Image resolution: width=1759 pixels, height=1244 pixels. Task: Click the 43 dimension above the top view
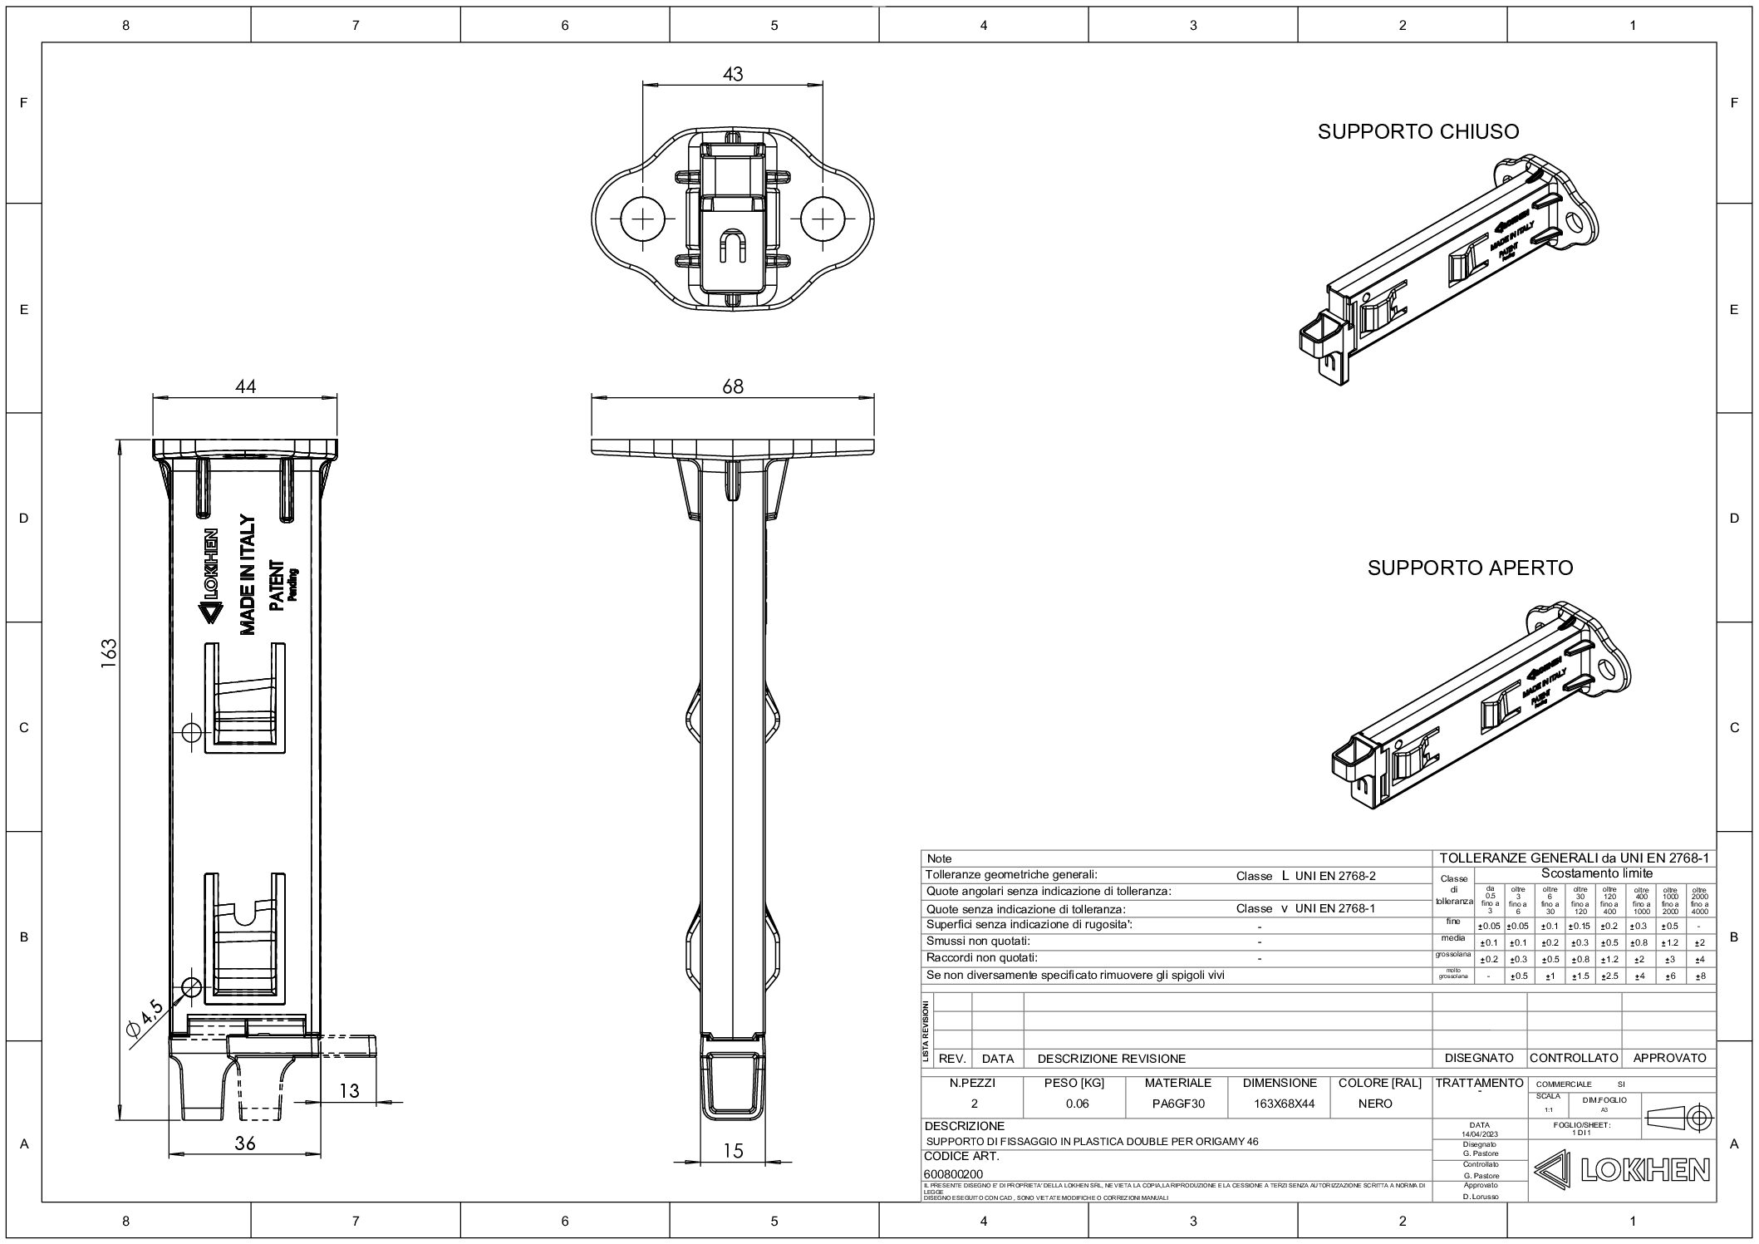732,74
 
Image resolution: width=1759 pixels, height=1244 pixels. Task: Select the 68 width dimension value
732,386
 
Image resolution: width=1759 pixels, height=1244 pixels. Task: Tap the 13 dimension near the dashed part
349,1090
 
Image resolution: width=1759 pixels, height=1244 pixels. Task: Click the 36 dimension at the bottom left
244,1143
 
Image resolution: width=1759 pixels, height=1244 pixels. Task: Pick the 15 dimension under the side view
732,1151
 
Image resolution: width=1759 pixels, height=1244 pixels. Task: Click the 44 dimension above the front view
245,386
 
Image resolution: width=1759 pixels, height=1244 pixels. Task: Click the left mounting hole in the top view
644,219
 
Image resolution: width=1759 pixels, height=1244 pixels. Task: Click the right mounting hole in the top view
823,219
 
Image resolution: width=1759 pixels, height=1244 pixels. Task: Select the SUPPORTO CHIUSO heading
1418,131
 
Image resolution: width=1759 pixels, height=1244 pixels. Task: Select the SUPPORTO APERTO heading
1470,568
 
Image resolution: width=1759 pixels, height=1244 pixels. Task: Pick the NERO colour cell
1375,1104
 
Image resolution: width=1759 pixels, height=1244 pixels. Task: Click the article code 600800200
953,1174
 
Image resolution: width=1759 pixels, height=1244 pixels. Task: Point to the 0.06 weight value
1076,1104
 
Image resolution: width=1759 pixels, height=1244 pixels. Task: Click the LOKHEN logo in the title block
1621,1171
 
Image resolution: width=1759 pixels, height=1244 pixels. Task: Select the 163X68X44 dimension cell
1279,1104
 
